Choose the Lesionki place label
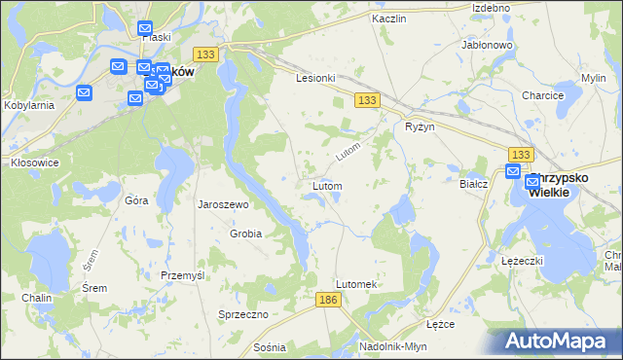tap(316, 78)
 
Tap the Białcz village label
tap(472, 182)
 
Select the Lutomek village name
tap(355, 283)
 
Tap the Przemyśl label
tap(183, 275)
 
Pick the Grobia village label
tap(245, 234)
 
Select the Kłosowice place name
tap(34, 162)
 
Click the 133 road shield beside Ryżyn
tap(367, 100)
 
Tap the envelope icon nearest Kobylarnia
tap(84, 93)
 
